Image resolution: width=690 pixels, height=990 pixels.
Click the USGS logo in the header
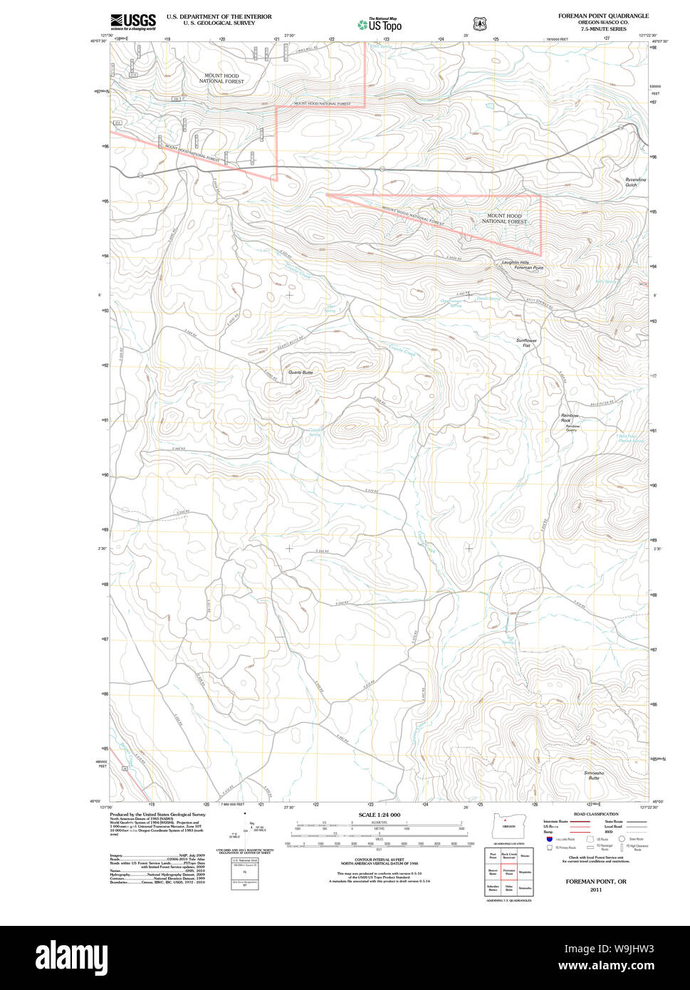click(133, 21)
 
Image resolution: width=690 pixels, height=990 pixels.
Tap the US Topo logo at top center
click(380, 24)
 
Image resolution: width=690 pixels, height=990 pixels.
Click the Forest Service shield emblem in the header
click(480, 24)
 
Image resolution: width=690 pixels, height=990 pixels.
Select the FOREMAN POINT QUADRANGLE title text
click(603, 16)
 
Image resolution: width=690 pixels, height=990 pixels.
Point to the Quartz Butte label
click(300, 372)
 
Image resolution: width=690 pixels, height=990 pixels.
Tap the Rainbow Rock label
click(570, 418)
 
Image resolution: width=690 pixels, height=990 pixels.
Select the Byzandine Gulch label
click(636, 182)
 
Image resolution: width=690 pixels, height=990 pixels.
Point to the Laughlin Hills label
click(515, 262)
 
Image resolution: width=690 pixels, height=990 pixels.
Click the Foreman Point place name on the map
click(528, 268)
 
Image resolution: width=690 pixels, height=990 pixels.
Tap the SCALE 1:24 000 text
click(379, 815)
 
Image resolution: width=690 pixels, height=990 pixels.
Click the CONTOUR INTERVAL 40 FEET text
click(379, 858)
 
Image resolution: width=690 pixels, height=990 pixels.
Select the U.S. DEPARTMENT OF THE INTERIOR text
click(219, 16)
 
